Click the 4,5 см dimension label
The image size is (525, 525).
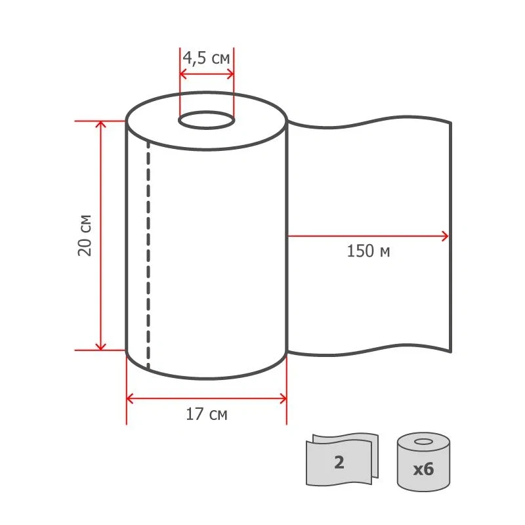click(206, 58)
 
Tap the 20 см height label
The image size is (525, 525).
click(85, 236)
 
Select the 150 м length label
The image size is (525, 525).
click(368, 251)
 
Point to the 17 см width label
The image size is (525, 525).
click(207, 414)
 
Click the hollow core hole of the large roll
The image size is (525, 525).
click(206, 120)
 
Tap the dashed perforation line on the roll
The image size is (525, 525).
click(148, 255)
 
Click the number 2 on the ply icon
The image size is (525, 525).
click(339, 463)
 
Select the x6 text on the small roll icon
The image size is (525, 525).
click(423, 469)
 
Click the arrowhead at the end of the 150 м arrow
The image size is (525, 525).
click(445, 236)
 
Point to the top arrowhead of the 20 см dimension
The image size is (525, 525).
click(101, 124)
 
